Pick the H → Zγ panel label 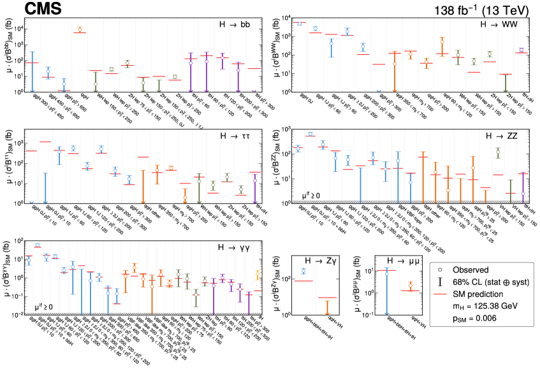point(322,261)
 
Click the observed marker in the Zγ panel point(303,271)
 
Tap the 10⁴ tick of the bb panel point(17,29)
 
